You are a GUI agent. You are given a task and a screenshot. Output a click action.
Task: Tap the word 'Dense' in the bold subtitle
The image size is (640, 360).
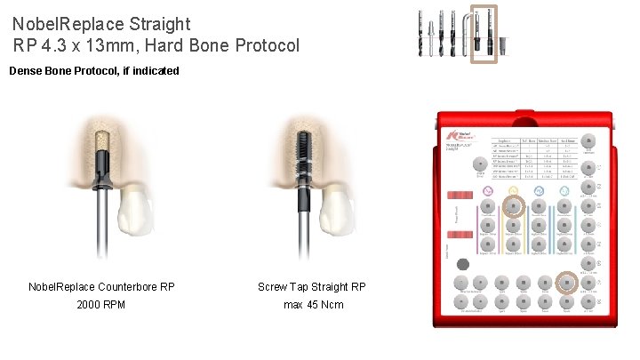point(27,70)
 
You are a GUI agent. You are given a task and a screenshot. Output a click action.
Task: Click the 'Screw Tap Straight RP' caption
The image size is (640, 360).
point(312,287)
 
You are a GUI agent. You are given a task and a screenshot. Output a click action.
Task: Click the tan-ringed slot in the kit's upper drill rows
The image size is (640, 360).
point(514,206)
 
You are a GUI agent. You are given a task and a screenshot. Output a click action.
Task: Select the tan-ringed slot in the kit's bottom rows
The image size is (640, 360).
point(565,283)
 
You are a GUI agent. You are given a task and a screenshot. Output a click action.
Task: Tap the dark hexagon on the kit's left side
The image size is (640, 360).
point(462,264)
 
